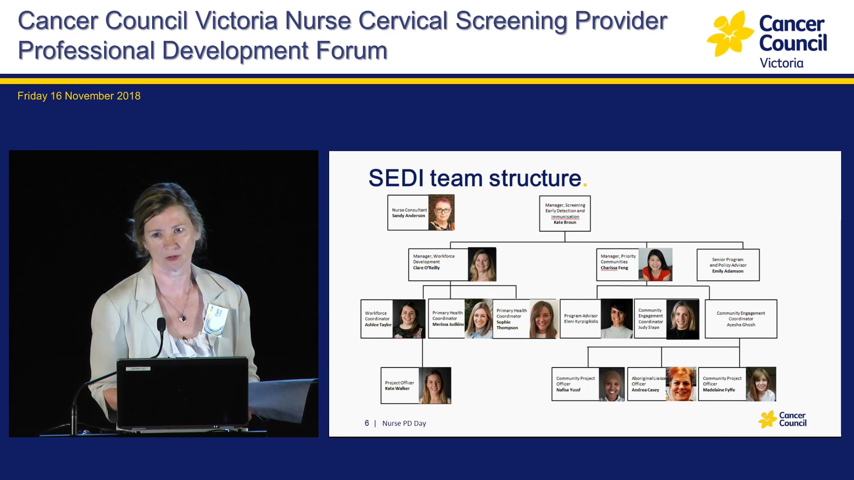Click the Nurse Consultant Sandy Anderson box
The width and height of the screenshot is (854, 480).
coord(408,213)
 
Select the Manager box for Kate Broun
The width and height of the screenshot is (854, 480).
coord(564,214)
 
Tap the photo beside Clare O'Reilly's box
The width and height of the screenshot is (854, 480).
coord(482,264)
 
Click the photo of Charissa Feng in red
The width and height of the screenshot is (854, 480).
coord(655,265)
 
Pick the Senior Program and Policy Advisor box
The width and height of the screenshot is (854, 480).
coord(728,265)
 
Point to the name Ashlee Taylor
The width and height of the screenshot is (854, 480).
coord(378,325)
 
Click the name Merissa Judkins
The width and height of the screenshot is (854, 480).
coord(447,324)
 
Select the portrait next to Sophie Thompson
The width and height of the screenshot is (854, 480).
coord(543,319)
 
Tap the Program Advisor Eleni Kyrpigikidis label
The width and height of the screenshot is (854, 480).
coord(580,319)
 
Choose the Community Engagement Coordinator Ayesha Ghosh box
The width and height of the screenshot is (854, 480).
coord(741,319)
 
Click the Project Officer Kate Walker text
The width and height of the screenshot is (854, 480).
coord(399,385)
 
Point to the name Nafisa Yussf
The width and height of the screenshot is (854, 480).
coord(568,390)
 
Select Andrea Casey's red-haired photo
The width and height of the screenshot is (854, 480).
coord(681,384)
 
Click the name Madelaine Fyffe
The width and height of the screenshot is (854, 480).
coord(719,390)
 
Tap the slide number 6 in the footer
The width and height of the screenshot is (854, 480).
coord(367,423)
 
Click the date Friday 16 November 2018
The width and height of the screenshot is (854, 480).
coord(79,96)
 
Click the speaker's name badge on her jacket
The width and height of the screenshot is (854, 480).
coord(216,319)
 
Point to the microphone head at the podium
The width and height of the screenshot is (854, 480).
coord(161,324)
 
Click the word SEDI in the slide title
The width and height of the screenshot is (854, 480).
coord(396,178)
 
